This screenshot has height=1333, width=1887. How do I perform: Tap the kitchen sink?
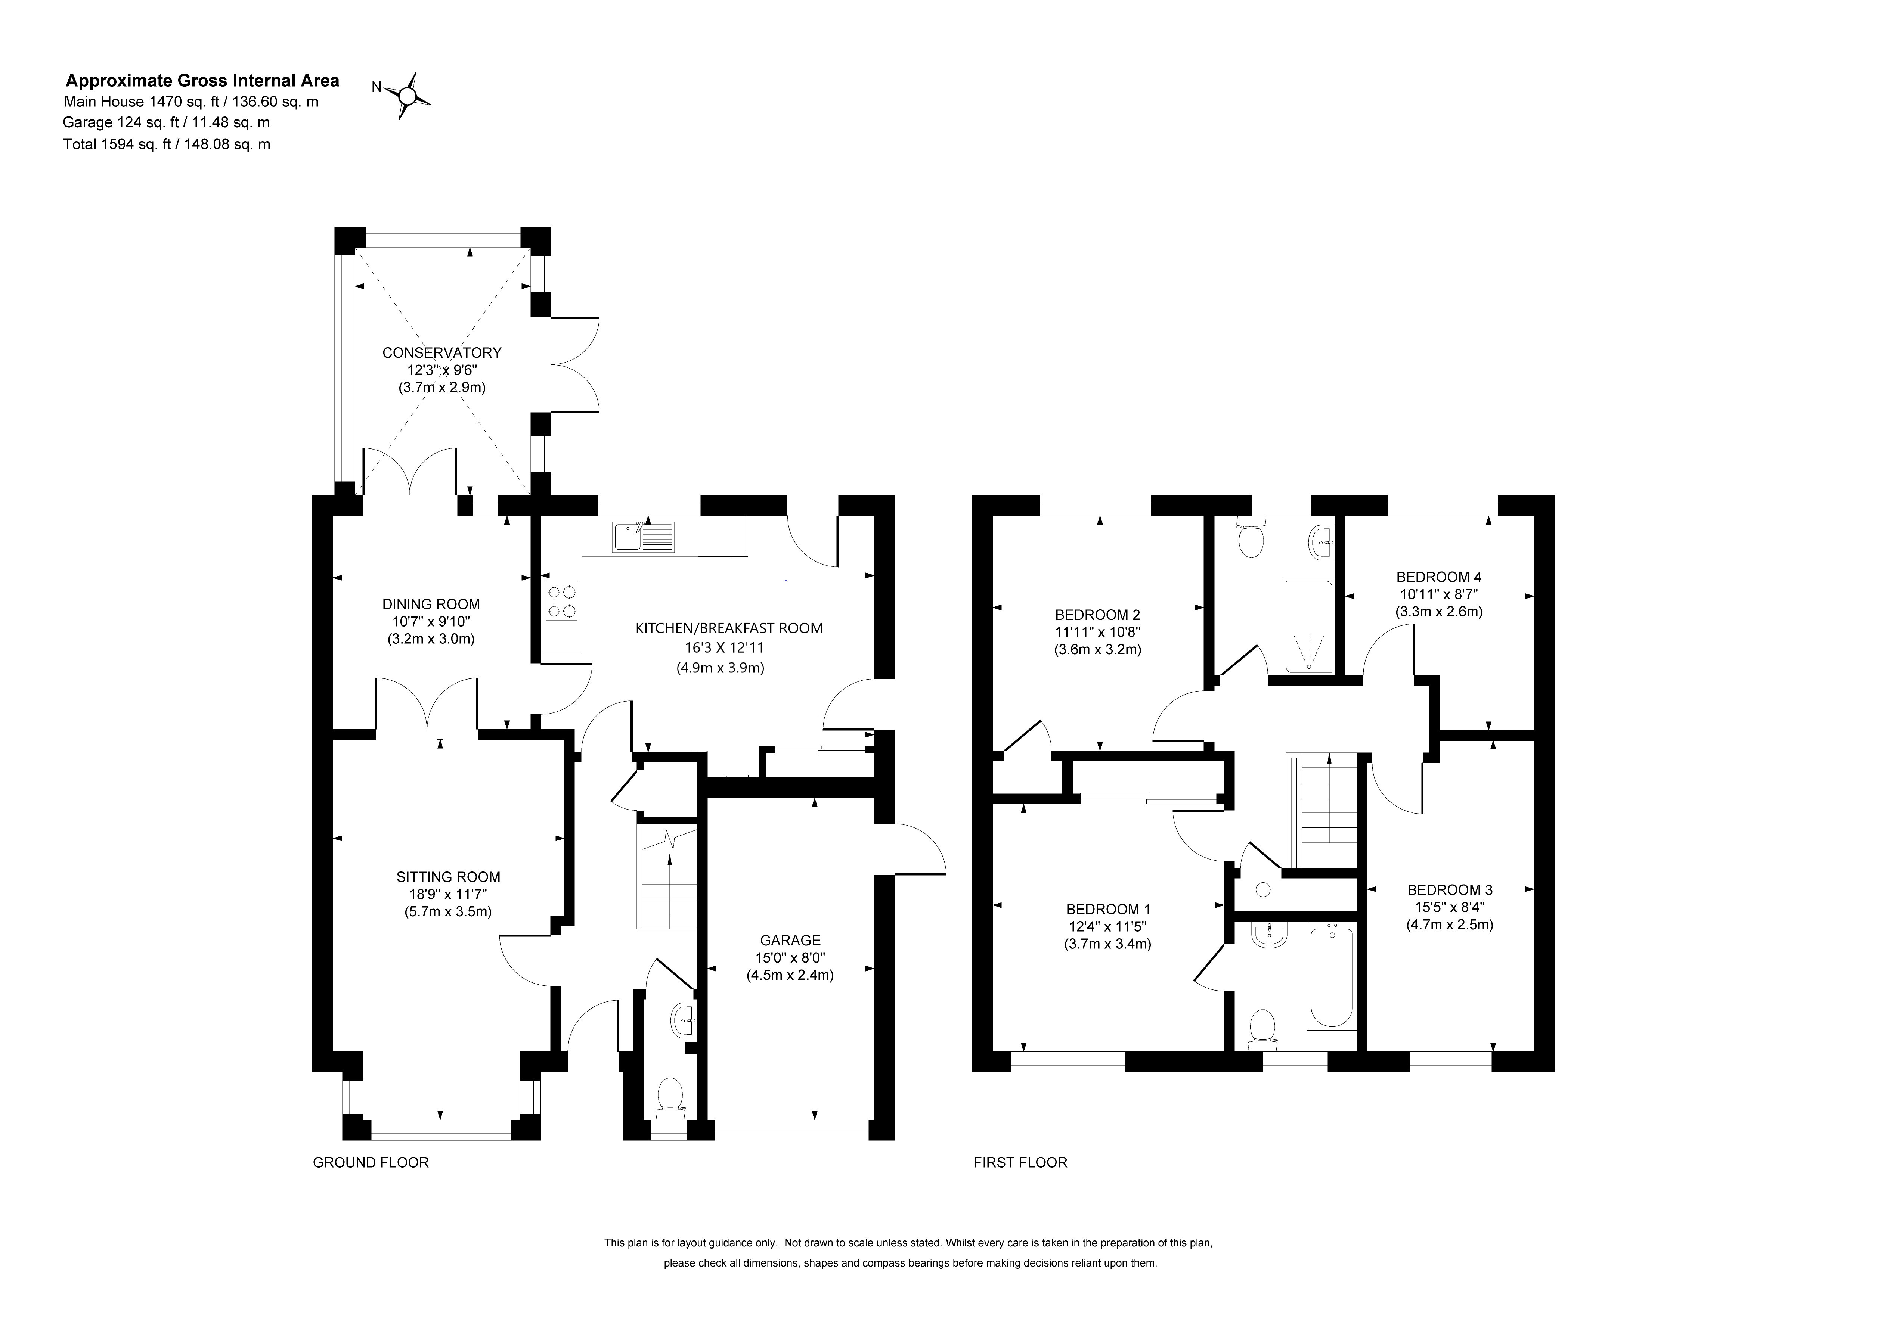point(643,537)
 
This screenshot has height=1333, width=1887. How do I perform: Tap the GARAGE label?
point(790,940)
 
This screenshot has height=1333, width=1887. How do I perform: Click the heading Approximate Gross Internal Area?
point(202,81)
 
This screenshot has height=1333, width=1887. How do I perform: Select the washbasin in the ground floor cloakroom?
point(685,1021)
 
